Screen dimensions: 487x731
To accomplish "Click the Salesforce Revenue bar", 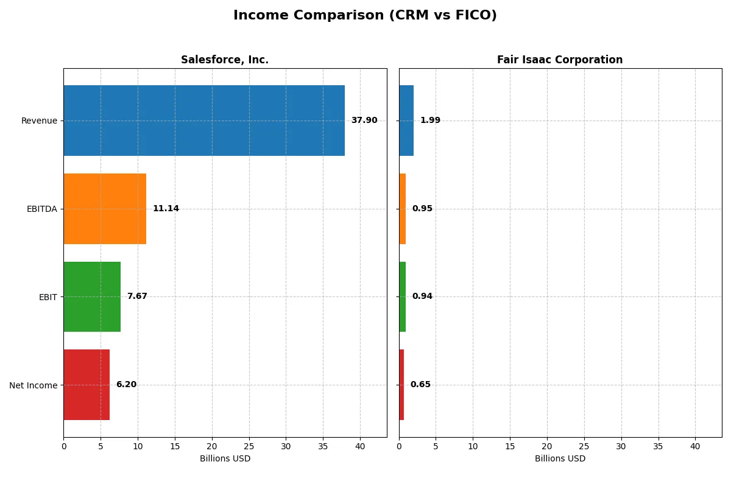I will (x=204, y=121).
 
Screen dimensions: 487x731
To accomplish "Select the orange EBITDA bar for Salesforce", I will (x=105, y=209).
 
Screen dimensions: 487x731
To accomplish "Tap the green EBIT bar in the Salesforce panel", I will (x=92, y=297).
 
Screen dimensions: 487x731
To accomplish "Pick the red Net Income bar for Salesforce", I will (x=87, y=385).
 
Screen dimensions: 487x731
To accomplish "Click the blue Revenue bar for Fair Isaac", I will (x=406, y=121).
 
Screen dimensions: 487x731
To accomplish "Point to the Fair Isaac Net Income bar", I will (x=401, y=385).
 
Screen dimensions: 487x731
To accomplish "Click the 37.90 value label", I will (x=364, y=121).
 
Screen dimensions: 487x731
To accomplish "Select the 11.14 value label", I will (x=166, y=209).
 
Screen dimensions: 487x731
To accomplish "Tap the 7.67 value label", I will (x=137, y=296).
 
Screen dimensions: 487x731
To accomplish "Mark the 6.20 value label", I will (x=126, y=385).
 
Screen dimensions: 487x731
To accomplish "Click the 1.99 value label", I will (x=430, y=121).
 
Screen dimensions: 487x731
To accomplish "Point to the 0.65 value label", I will (x=420, y=385).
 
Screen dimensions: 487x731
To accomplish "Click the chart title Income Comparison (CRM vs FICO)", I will (x=365, y=16).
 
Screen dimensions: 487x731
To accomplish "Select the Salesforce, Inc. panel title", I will (x=225, y=60).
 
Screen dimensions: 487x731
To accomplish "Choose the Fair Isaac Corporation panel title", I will (x=560, y=60).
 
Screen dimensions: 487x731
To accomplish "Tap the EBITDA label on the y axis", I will (x=42, y=209).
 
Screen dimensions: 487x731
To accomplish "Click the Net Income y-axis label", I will (x=34, y=385).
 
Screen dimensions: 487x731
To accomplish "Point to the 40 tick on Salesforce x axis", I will (x=360, y=446).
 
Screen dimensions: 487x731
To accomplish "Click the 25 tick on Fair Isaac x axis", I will (x=584, y=446).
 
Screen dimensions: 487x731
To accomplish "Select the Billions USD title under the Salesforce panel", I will (x=225, y=459).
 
